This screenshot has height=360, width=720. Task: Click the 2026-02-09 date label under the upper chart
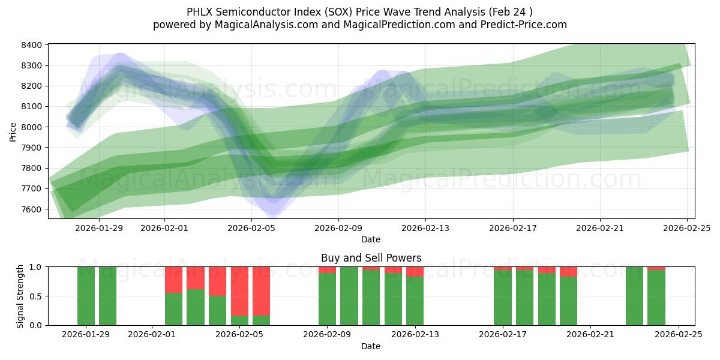click(338, 228)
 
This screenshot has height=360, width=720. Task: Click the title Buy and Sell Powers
click(371, 258)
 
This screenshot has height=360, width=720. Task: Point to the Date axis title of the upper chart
click(371, 239)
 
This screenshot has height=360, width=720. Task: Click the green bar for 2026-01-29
click(86, 296)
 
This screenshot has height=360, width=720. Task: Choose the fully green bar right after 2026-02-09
click(349, 296)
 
